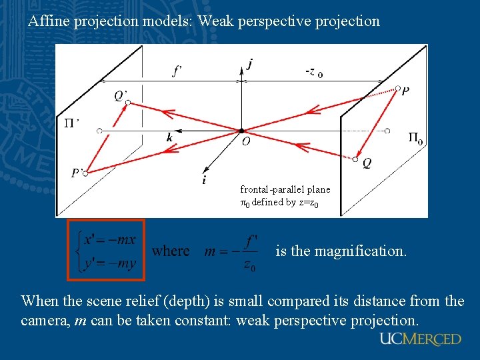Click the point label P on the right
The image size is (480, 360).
pyautogui.click(x=405, y=91)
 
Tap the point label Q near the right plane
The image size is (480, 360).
pyautogui.click(x=367, y=163)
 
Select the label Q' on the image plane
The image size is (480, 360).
pyautogui.click(x=121, y=96)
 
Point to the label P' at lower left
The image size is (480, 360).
pyautogui.click(x=78, y=173)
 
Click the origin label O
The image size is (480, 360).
pyautogui.click(x=246, y=141)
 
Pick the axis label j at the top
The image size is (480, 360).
pyautogui.click(x=250, y=64)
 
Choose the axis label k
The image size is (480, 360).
pyautogui.click(x=170, y=138)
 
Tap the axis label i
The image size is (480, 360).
pyautogui.click(x=204, y=180)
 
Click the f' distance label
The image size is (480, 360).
pyautogui.click(x=178, y=71)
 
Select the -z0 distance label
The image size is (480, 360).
pyautogui.click(x=313, y=72)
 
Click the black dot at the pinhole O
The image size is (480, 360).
pyautogui.click(x=241, y=130)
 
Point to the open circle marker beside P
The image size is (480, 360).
pyautogui.click(x=398, y=88)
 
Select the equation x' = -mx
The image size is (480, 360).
pyautogui.click(x=109, y=240)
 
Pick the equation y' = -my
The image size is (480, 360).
pyautogui.click(x=109, y=263)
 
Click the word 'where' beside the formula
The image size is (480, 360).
pyautogui.click(x=171, y=251)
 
